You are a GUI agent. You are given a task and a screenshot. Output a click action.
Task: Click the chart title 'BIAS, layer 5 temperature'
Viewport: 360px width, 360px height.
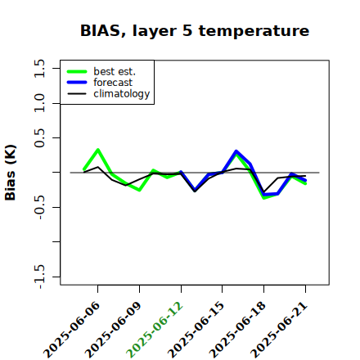coord(195,31)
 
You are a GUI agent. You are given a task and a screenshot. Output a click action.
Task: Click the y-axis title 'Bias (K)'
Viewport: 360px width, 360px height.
coord(11,173)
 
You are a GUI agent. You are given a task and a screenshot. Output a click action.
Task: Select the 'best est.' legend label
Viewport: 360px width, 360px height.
coord(115,71)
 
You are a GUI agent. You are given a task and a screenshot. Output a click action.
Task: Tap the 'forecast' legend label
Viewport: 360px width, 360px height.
coord(113,83)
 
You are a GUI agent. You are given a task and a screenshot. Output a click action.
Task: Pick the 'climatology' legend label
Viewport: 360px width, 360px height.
coord(122,94)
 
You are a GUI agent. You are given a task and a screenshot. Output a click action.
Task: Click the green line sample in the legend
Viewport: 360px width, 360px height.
coord(77,71)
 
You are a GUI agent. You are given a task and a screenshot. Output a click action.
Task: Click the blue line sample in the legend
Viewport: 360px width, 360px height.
coord(77,83)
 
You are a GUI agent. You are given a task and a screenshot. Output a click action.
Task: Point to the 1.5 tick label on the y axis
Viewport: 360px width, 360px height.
coord(39,68)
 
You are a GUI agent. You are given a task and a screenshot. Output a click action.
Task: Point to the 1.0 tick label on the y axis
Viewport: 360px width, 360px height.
coord(39,103)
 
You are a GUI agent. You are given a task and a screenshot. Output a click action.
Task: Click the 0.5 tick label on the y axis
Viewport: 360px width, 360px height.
coord(39,138)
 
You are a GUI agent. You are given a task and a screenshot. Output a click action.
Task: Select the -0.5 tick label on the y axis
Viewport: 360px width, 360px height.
coord(39,208)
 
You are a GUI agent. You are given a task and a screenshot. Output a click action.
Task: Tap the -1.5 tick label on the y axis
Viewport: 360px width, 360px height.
coord(39,277)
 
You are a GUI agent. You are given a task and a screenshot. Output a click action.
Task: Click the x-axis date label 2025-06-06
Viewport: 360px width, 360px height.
coord(72,330)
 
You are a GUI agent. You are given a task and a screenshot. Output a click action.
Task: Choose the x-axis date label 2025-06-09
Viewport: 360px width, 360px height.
coord(114,330)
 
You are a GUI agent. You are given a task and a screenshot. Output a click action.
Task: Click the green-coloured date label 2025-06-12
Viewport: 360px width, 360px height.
coord(155,330)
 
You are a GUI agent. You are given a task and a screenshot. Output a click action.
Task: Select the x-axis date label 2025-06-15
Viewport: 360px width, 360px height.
coord(196,330)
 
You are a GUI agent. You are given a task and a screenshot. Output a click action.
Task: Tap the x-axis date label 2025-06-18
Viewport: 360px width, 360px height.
coord(238,330)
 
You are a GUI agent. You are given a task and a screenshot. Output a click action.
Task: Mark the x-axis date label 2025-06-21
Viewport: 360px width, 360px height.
coord(279,330)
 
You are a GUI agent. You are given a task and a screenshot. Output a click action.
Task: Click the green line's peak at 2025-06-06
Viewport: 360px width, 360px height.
coord(97,150)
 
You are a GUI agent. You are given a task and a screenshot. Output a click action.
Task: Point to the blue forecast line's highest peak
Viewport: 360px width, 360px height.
coord(236,151)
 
